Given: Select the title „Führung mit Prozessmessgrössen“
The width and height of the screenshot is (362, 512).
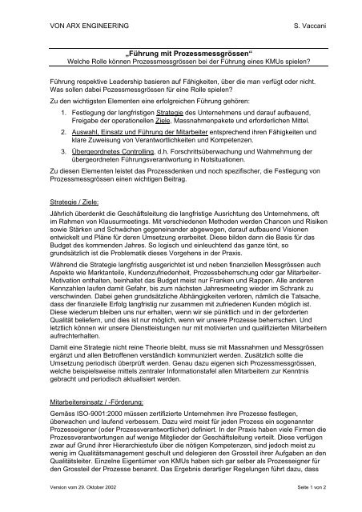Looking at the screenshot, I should point(182,50).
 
